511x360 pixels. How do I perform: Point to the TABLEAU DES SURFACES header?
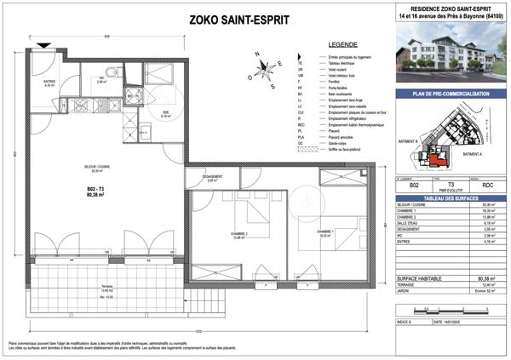point(452,197)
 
